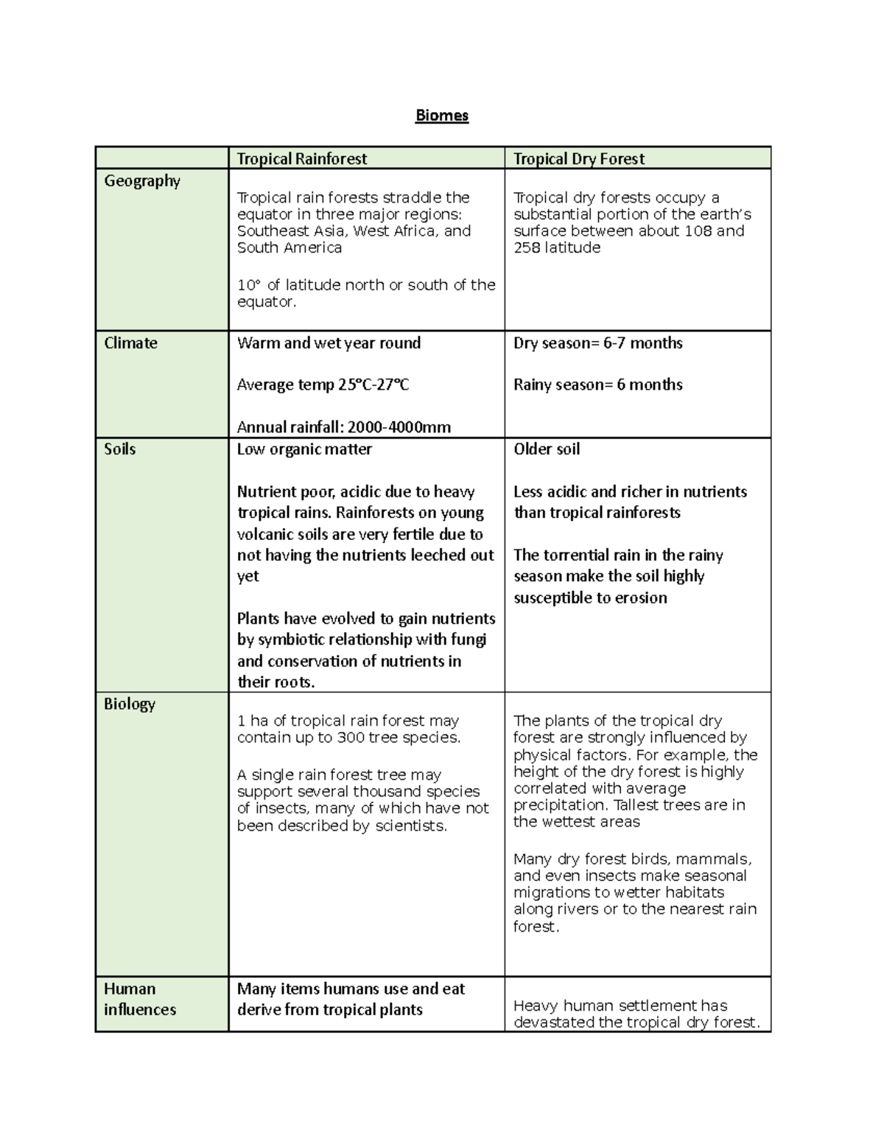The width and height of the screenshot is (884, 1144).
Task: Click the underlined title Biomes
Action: coord(441,116)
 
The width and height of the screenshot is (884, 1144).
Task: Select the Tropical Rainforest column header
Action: coord(302,158)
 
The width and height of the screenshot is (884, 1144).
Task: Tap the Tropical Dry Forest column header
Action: coord(578,158)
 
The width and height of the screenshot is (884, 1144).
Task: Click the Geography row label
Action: coord(142,180)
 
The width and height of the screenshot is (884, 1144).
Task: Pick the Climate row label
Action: coord(130,343)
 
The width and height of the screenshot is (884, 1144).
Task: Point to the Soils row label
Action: coord(119,449)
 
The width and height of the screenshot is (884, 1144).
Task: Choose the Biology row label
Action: coord(130,703)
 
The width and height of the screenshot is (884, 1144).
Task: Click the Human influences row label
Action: coord(140,999)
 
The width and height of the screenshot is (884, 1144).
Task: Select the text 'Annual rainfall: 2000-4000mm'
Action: coord(343,427)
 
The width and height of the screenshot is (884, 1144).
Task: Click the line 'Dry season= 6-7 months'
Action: coord(597,343)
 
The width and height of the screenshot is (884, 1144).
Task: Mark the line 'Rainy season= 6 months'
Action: coord(597,385)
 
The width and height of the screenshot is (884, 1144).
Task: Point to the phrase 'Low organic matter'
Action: coord(304,449)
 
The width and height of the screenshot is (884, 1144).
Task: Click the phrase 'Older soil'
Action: coord(547,449)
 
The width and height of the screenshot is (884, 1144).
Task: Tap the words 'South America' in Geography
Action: coord(290,248)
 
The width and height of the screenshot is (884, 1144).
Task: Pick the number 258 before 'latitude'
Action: coord(527,248)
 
